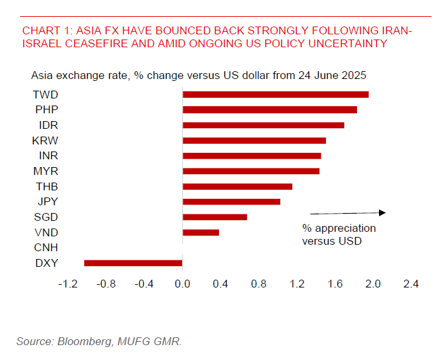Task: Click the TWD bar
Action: click(275, 95)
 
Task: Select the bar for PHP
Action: click(270, 109)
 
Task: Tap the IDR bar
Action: click(263, 125)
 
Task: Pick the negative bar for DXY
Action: click(133, 263)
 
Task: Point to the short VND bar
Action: click(201, 232)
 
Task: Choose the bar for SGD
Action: click(214, 217)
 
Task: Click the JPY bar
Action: click(231, 201)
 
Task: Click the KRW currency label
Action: click(45, 141)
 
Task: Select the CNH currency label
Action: click(45, 247)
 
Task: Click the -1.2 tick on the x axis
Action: click(68, 284)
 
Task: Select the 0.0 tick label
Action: click(183, 284)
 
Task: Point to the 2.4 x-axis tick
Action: click(411, 284)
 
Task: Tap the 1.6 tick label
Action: click(335, 284)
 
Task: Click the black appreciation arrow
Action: click(348, 212)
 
